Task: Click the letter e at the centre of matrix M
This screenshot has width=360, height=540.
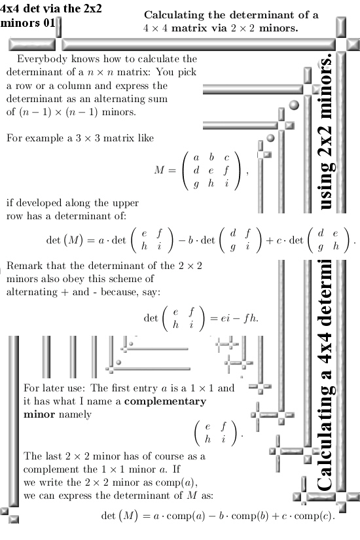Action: (211, 170)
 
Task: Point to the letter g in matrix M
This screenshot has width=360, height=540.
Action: (196, 184)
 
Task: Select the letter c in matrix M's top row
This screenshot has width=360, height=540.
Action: (226, 158)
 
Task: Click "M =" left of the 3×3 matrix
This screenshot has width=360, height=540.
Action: (165, 170)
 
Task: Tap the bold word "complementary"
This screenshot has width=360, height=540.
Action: (166, 402)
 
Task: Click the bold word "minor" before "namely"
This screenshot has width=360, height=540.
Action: (39, 414)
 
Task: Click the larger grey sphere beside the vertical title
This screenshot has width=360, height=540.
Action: (294, 105)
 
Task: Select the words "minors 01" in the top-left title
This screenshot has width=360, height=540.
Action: (27, 23)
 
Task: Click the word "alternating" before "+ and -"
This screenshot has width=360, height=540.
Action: (31, 292)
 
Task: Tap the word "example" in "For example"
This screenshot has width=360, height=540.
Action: (45, 139)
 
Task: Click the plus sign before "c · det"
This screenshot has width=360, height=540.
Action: (270, 240)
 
